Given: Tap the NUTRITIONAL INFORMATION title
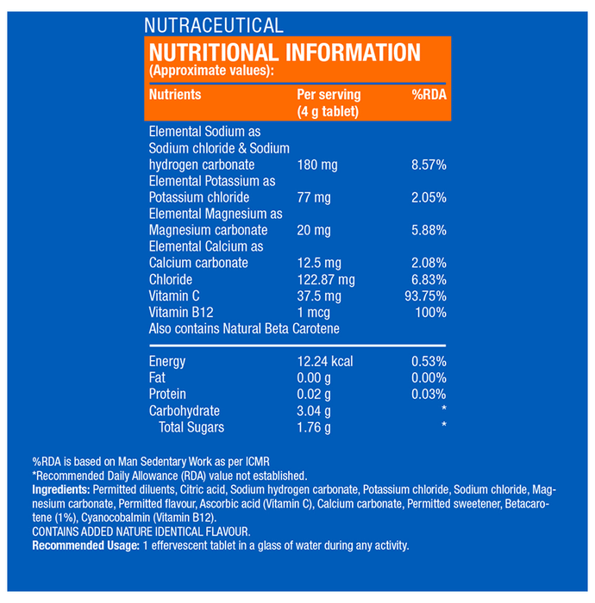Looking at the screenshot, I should coord(285,52).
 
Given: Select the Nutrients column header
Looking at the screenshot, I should coord(175,95).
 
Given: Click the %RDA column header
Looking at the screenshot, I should coord(429,95).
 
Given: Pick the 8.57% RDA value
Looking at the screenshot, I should coord(428,165).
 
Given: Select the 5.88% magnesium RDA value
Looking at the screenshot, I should coord(428,230).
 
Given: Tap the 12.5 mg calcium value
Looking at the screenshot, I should coord(319,263).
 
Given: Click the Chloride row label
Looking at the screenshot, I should coord(171,280).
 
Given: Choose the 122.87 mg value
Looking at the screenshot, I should coord(326,280).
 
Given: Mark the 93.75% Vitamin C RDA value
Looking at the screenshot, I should coord(424,296).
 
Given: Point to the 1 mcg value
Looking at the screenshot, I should coord(315,313).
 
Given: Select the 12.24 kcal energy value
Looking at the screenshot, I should coord(325,362).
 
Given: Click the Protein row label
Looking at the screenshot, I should coord(167,395).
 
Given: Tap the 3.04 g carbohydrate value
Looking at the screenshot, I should coord(314,411).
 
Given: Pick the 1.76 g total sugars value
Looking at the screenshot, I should coord(314,427).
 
